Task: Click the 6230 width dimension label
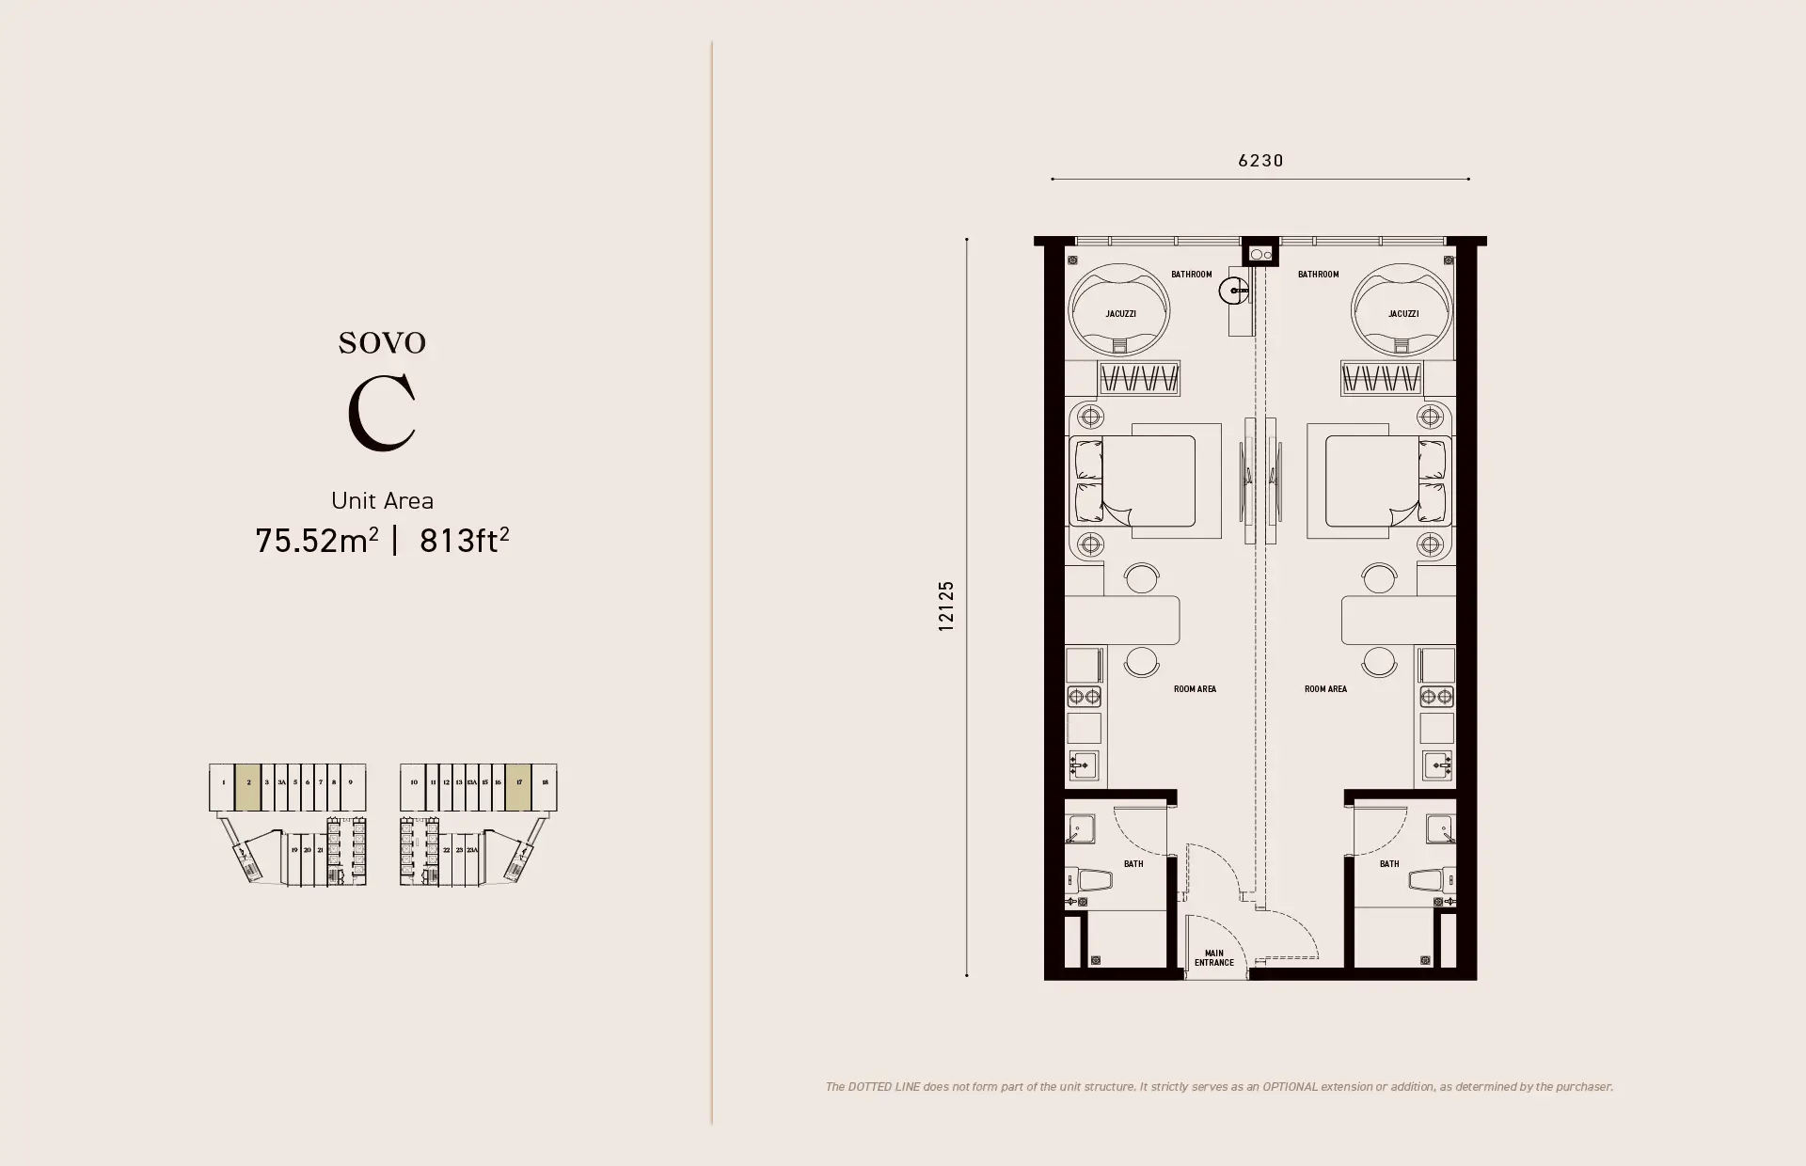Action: click(1260, 161)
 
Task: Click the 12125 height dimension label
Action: click(946, 606)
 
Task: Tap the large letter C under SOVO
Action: click(382, 414)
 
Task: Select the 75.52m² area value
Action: click(317, 541)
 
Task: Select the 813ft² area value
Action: click(464, 541)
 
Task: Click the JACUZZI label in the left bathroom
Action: click(1120, 314)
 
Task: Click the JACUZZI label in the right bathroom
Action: click(1402, 314)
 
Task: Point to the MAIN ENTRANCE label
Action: click(1214, 957)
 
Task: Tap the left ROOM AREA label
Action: click(1195, 689)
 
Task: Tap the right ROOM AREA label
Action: click(1325, 689)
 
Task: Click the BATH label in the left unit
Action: click(1133, 863)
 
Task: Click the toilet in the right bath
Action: click(1430, 881)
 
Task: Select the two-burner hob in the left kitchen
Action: click(1084, 697)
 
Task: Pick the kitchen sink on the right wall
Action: click(1436, 765)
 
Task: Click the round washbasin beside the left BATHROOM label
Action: click(1233, 291)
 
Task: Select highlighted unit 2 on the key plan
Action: click(248, 786)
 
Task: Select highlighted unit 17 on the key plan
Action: click(518, 786)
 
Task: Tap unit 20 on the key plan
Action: click(307, 850)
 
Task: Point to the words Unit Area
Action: click(382, 500)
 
